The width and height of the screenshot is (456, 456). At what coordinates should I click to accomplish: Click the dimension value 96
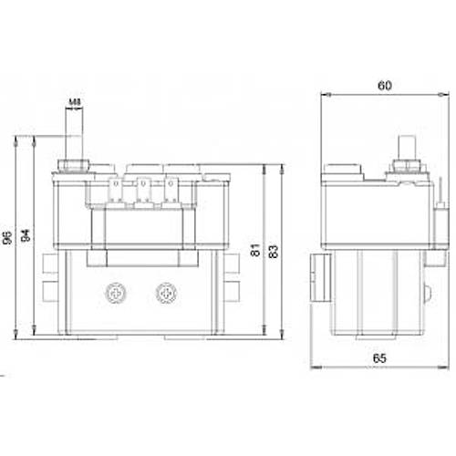(7, 238)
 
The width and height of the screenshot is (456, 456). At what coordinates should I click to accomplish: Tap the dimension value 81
(257, 249)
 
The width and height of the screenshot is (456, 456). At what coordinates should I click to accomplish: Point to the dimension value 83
(275, 249)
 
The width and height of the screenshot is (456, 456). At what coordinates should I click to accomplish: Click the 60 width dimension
(386, 85)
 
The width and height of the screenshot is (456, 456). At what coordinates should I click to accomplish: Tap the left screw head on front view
(115, 293)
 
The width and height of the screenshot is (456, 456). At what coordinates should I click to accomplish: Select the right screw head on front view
(165, 293)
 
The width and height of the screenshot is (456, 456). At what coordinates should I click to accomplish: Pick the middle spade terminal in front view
(142, 192)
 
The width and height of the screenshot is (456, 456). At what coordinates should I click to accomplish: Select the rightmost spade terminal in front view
(170, 192)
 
